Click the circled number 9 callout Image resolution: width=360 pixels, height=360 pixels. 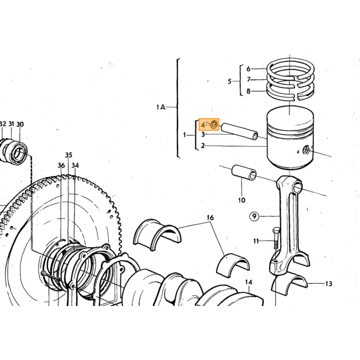tap(254, 217)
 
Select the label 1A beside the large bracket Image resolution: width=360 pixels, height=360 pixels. tap(160, 107)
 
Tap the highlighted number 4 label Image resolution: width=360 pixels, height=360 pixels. tap(203, 125)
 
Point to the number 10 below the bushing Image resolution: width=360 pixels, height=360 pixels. tap(242, 200)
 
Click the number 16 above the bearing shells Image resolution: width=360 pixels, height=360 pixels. tap(210, 218)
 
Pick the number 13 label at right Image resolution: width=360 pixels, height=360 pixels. tap(329, 284)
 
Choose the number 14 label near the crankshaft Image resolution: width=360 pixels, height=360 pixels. tap(248, 282)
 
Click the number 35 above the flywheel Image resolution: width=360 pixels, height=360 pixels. tap(68, 155)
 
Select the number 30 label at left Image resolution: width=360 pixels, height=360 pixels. tap(20, 124)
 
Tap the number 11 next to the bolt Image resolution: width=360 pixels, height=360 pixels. tap(256, 241)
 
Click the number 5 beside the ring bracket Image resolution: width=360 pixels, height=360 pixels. tap(229, 81)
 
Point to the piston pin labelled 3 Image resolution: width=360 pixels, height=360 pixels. tap(239, 132)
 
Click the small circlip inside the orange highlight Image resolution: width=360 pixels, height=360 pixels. tap(214, 124)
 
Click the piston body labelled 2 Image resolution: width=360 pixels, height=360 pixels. tap(290, 138)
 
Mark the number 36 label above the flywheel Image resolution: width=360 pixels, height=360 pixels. tap(61, 166)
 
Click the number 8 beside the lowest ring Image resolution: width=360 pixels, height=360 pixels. tap(248, 91)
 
